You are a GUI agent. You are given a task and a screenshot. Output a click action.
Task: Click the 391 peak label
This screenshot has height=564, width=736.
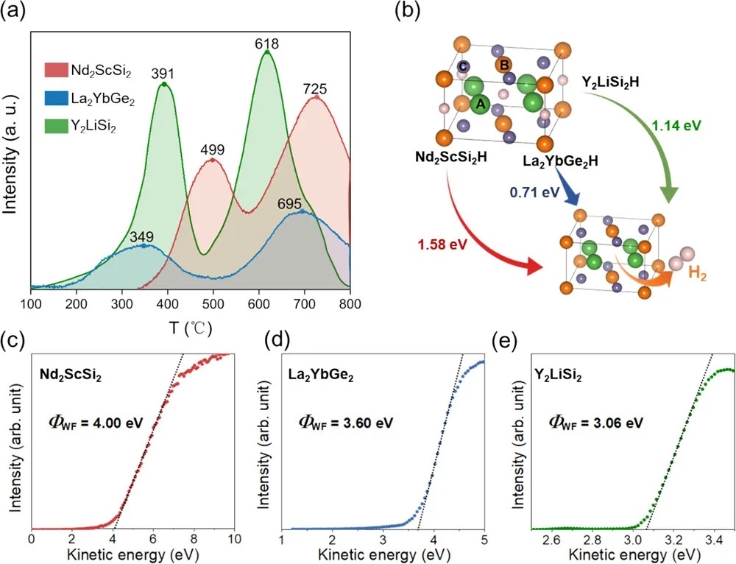[x=164, y=74]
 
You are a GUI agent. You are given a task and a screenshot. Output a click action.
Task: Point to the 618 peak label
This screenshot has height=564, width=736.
[x=266, y=43]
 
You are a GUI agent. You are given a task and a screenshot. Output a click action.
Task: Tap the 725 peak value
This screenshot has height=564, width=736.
[x=316, y=88]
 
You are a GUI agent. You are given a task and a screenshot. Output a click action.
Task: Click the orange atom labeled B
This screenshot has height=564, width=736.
[x=505, y=64]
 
